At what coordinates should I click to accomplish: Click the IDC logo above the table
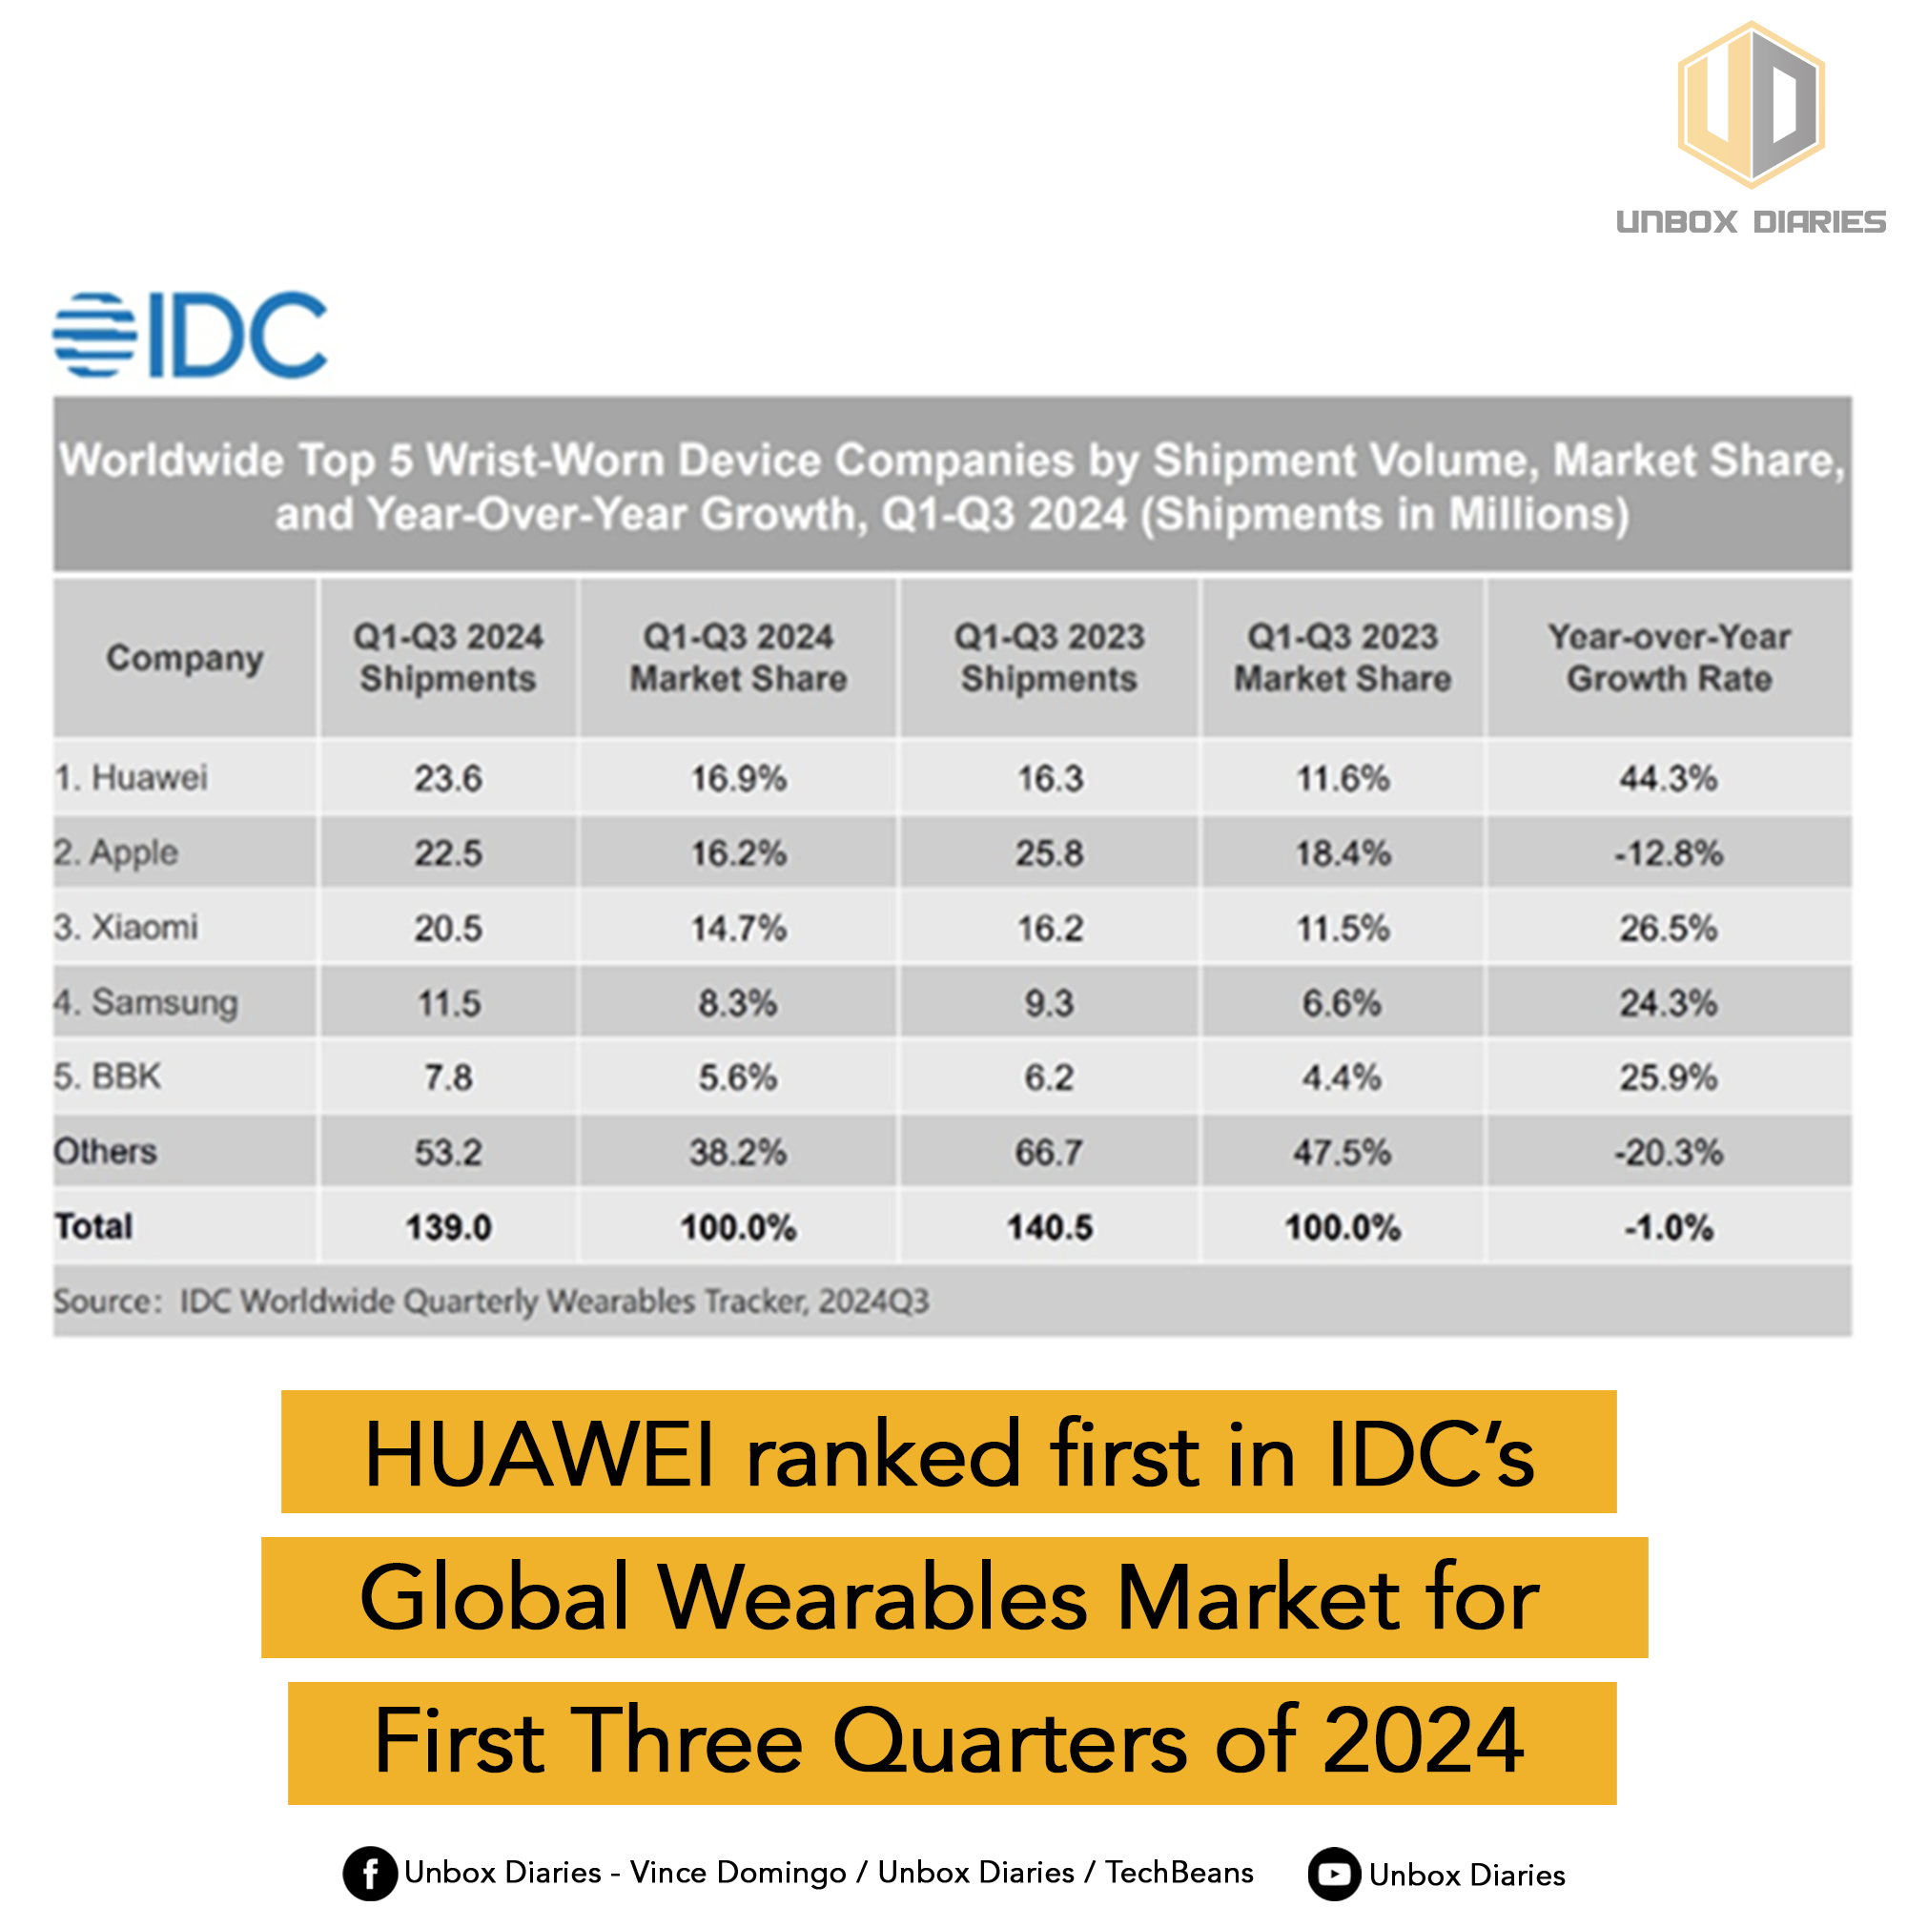click(190, 335)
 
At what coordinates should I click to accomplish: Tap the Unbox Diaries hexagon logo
click(1750, 106)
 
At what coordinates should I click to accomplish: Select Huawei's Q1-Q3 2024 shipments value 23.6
click(448, 779)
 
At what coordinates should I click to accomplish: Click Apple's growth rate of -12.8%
click(1668, 852)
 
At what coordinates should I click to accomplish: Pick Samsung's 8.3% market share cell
click(737, 1003)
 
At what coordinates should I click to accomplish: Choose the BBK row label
click(108, 1076)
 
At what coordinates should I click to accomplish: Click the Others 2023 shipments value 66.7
click(1048, 1152)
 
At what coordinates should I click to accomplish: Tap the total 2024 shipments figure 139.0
click(448, 1227)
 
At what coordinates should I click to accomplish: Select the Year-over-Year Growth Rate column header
click(1668, 657)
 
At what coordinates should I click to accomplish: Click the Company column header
click(185, 657)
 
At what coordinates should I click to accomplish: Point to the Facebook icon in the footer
click(369, 1873)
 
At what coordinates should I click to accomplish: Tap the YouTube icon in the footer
click(1334, 1874)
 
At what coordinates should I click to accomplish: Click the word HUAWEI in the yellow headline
click(539, 1456)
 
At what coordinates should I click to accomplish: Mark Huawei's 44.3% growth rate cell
click(1668, 779)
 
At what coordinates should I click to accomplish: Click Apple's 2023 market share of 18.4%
click(1343, 852)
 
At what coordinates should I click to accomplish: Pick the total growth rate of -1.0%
click(1668, 1228)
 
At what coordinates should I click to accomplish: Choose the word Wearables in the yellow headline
click(872, 1599)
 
